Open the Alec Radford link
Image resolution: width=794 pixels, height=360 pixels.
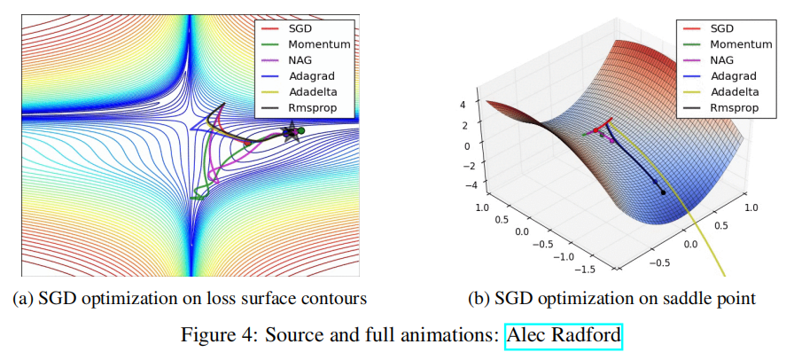point(564,337)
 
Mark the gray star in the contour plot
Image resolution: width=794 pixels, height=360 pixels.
point(290,133)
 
